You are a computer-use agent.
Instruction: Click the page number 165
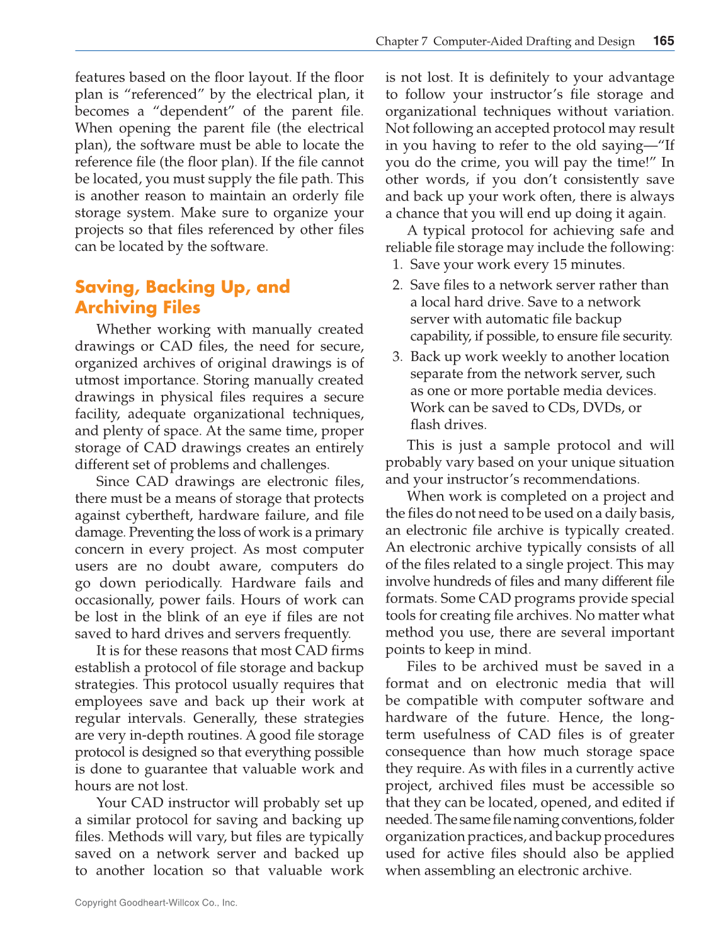coord(663,41)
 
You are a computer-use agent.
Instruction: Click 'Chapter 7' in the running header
coord(401,42)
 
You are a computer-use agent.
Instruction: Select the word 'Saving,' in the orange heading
coord(107,287)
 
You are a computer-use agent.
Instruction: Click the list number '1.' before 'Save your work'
coord(397,265)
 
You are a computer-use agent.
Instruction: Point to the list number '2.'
coord(397,285)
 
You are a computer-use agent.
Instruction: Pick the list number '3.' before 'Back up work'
coord(397,357)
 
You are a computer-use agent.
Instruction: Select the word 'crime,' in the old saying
coord(483,163)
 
